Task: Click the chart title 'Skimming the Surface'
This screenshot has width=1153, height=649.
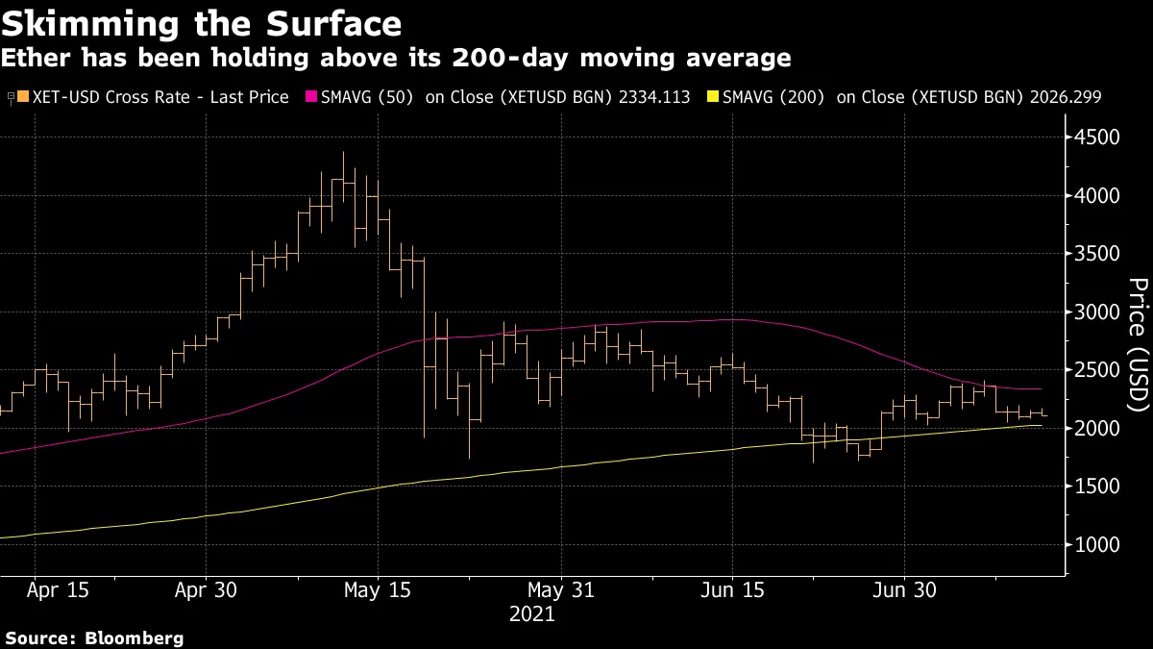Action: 201,22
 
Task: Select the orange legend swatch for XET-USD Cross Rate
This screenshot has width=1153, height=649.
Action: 22,97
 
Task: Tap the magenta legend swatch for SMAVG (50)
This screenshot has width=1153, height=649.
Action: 311,97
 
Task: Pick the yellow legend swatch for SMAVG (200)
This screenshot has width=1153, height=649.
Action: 712,97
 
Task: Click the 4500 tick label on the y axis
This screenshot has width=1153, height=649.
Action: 1097,137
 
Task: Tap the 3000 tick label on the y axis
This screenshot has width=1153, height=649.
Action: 1097,312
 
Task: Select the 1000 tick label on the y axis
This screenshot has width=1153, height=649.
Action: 1097,545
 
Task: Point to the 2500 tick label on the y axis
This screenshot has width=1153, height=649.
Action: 1097,370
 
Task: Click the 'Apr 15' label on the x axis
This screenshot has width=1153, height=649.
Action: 60,590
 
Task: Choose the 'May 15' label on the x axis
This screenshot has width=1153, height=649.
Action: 378,590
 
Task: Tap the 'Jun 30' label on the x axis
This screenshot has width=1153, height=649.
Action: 904,590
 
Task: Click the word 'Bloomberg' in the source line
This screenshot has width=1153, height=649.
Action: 135,637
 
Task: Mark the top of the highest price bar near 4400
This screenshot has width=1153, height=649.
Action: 343,152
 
